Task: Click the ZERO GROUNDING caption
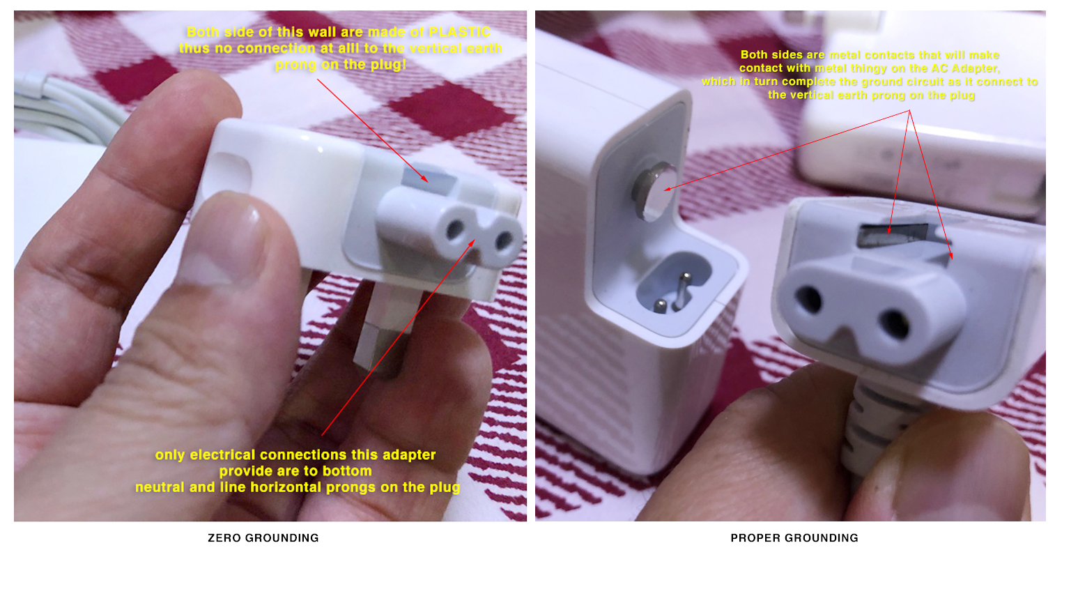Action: click(x=263, y=537)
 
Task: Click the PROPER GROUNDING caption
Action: click(x=794, y=537)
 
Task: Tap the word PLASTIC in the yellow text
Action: click(x=460, y=32)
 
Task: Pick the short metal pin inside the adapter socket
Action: click(x=661, y=306)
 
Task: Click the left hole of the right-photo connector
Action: click(x=809, y=298)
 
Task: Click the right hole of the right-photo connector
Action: click(x=894, y=324)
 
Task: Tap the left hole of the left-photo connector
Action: click(x=455, y=230)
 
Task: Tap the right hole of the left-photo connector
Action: click(x=504, y=239)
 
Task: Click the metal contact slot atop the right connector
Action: click(x=892, y=235)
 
